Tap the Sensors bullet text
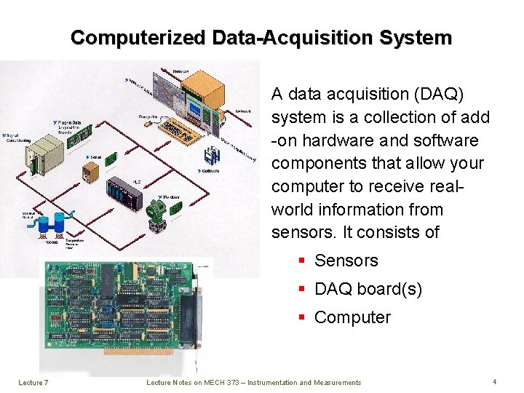(346, 261)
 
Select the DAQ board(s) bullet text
(368, 289)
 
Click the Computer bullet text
(352, 317)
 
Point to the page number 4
(494, 381)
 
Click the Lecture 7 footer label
(33, 382)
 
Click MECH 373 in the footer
(218, 382)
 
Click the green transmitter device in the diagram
(157, 212)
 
